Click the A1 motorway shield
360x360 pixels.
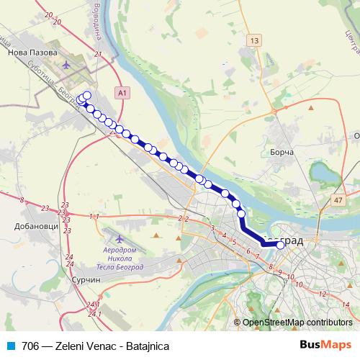[x=122, y=93]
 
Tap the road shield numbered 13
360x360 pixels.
[x=253, y=41]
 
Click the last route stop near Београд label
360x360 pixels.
[x=280, y=245]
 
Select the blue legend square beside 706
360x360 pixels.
[x=10, y=345]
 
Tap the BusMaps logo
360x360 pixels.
[x=325, y=344]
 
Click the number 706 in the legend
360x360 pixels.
[x=30, y=345]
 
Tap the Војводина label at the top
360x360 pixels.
[x=94, y=19]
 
